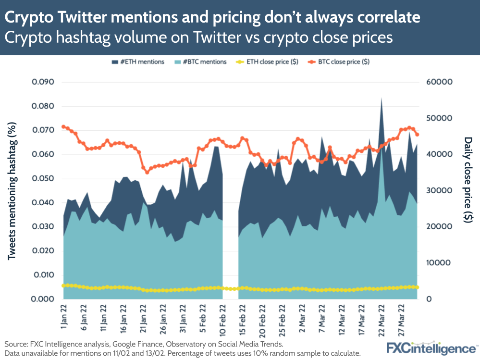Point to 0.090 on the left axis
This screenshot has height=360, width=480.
pos(43,82)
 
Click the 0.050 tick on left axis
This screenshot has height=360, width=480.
pos(43,179)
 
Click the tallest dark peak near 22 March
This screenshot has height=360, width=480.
pos(382,100)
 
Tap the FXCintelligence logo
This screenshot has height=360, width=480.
pos(431,348)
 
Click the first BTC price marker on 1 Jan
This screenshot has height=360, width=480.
pos(64,127)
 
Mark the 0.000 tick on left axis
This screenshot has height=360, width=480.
pos(43,299)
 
